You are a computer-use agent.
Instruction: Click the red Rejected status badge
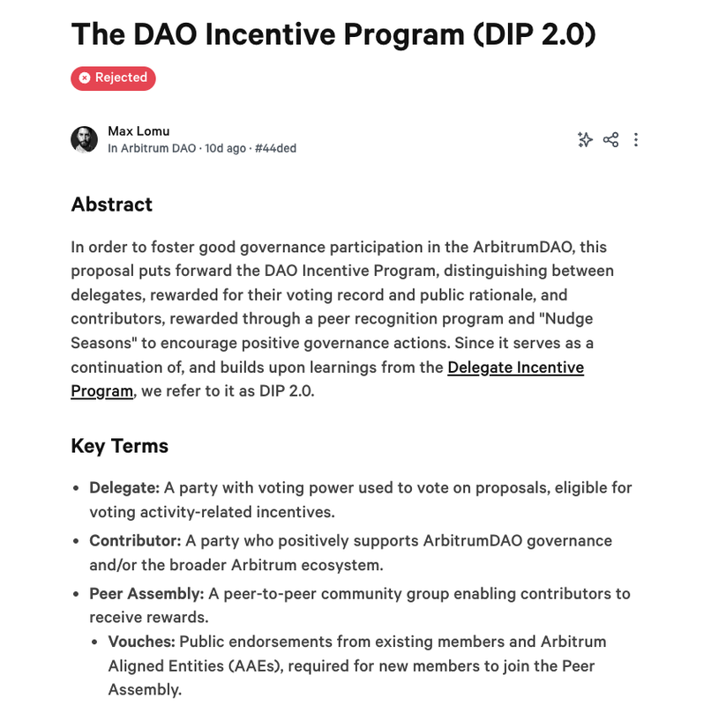[113, 78]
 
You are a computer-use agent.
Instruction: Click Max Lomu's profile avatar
[84, 139]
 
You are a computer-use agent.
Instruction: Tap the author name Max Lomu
[138, 131]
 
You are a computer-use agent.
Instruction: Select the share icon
[610, 139]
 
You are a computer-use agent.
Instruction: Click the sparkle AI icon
[584, 139]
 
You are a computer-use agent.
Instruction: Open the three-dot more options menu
[636, 139]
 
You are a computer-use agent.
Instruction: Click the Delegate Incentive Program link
[515, 367]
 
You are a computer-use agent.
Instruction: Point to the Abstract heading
[111, 204]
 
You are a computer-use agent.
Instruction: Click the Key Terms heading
[119, 446]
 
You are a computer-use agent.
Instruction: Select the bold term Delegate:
[124, 487]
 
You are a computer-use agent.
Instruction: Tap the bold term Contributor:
[135, 540]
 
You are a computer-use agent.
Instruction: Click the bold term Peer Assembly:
[146, 593]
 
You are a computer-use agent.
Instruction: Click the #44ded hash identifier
[275, 148]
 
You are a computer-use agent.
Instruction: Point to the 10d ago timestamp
[226, 148]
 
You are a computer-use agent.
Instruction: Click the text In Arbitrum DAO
[152, 148]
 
